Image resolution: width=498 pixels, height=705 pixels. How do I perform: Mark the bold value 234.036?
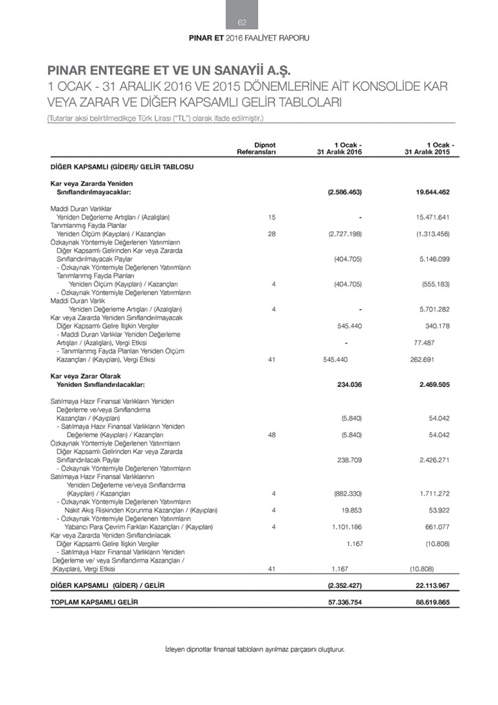coord(349,385)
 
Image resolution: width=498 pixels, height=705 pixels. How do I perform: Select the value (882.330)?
coord(346,493)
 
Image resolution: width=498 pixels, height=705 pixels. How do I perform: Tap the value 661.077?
coord(435,527)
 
